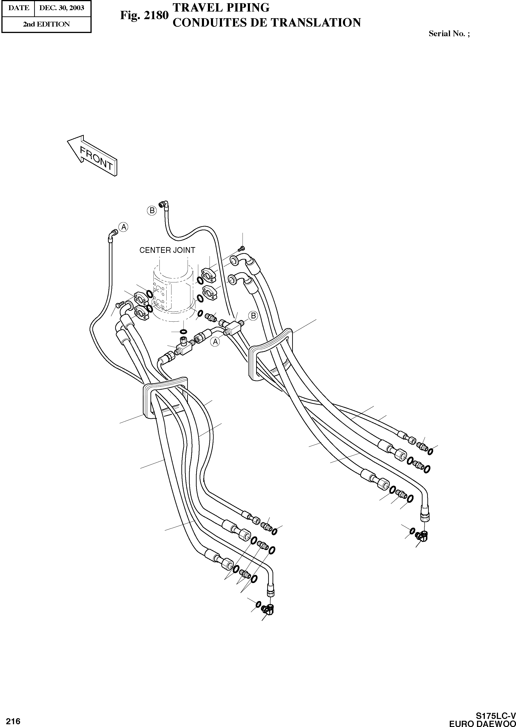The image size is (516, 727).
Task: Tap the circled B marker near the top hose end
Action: click(152, 210)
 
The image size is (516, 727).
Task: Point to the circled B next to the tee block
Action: click(253, 316)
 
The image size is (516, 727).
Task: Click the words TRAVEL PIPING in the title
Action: click(221, 8)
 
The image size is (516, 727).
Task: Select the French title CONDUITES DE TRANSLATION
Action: click(266, 23)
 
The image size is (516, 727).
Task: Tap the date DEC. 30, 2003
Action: click(62, 8)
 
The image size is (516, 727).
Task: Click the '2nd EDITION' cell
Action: click(46, 24)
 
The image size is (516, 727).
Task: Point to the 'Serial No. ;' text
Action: click(449, 34)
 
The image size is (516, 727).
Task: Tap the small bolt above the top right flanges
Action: click(243, 248)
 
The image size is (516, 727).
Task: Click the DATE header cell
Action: click(18, 8)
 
